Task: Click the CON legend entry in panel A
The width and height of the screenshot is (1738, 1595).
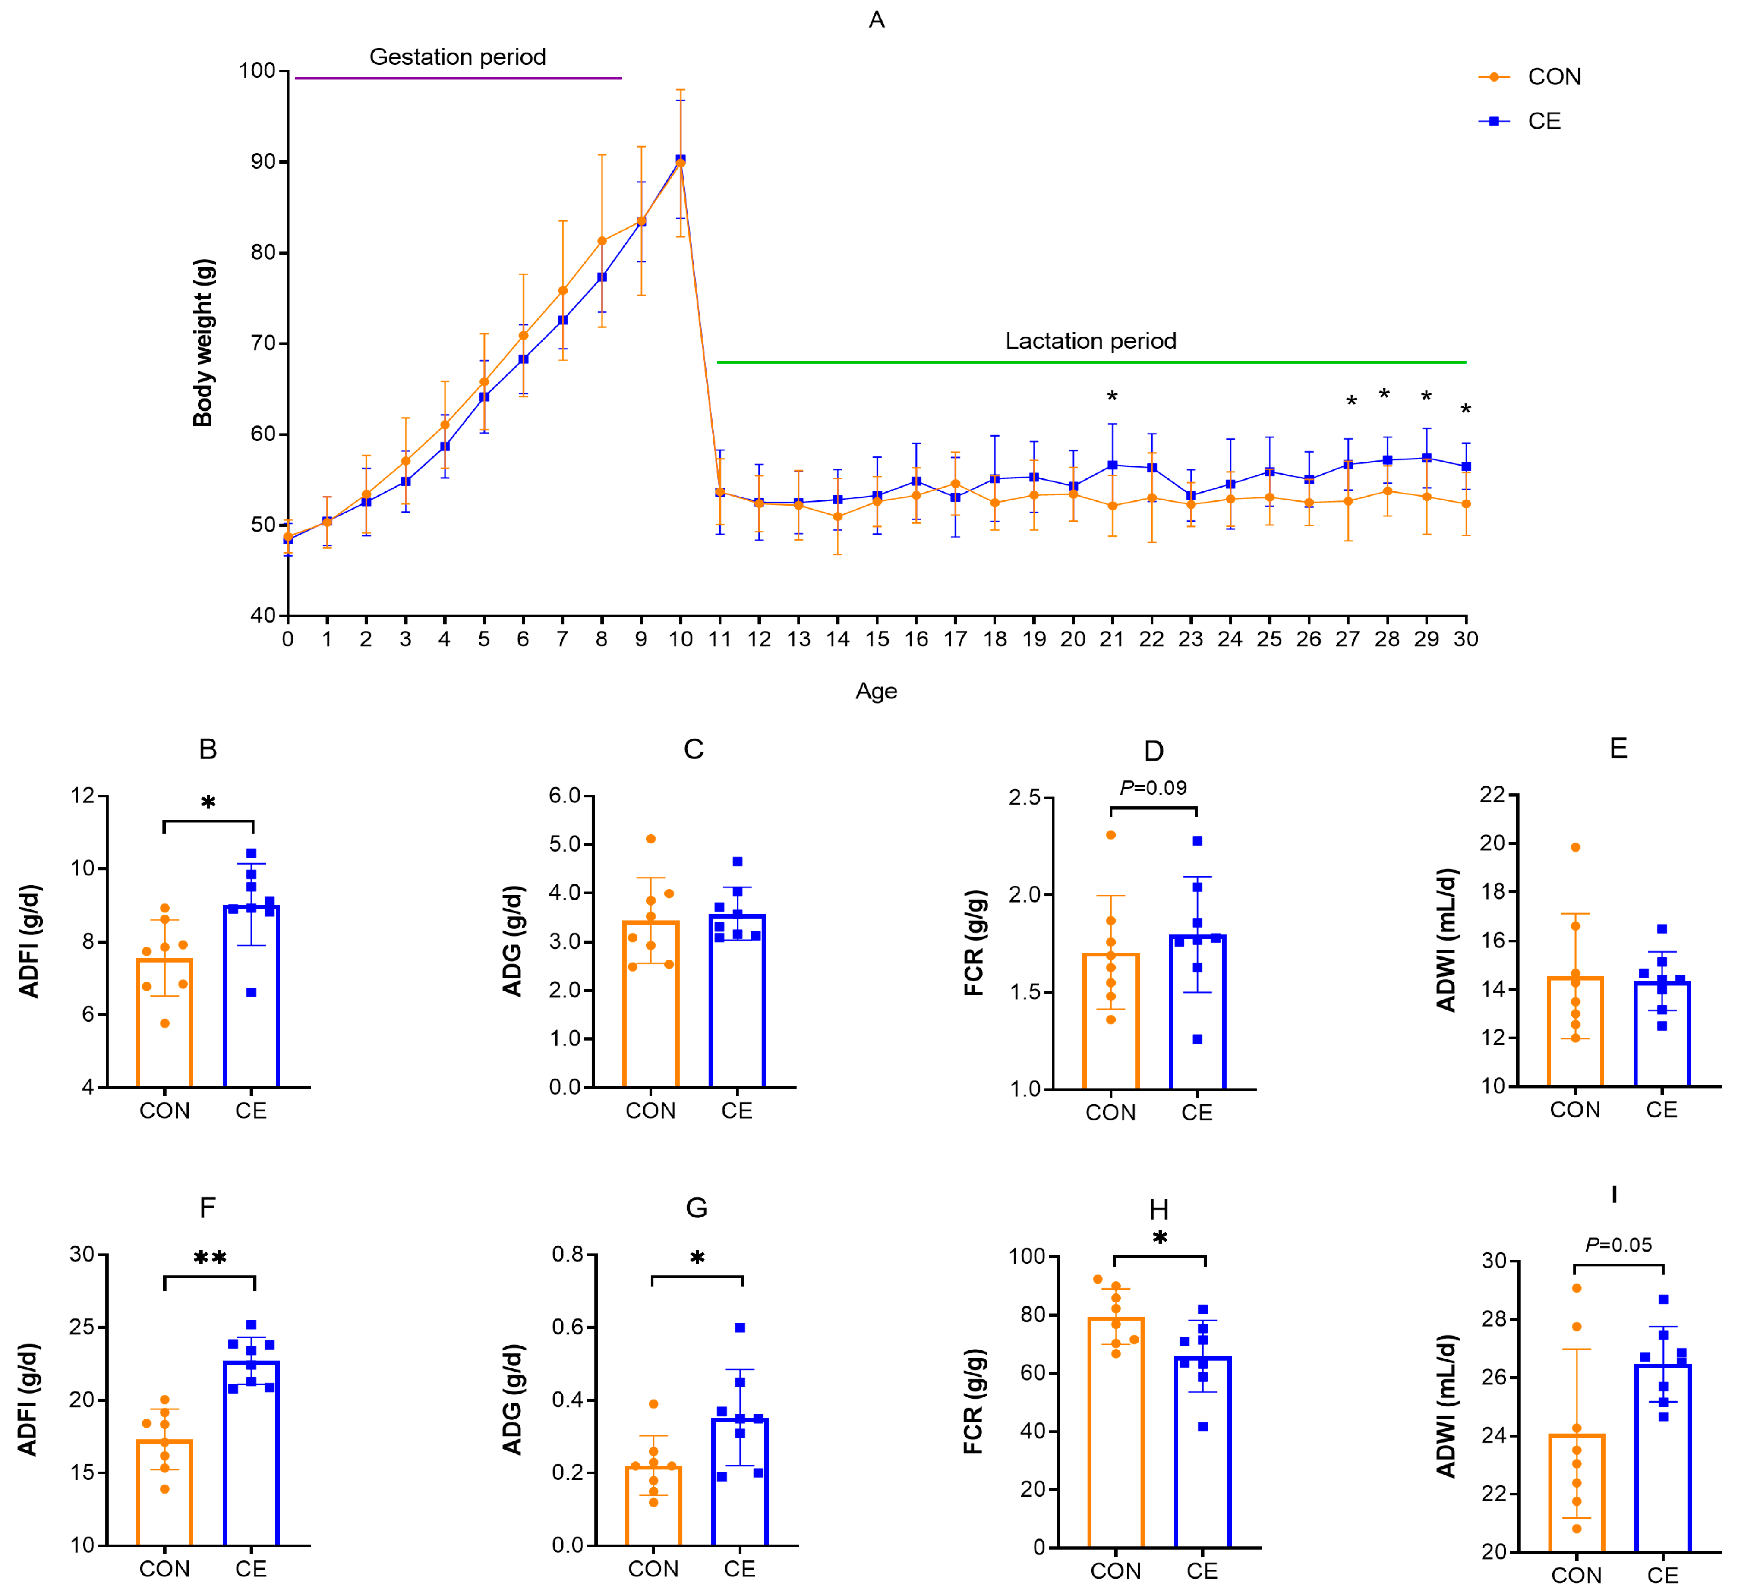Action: point(1537,77)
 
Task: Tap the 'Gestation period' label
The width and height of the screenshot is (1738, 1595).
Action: point(457,57)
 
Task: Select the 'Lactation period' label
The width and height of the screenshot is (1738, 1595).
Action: point(1091,341)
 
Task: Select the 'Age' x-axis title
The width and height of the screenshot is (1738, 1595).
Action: point(877,691)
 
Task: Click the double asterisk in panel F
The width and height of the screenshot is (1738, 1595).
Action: point(210,1258)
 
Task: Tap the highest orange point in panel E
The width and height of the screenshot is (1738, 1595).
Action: point(1576,848)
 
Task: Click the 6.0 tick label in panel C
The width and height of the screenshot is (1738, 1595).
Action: point(565,796)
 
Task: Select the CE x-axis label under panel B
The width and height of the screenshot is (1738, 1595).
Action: point(251,1111)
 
